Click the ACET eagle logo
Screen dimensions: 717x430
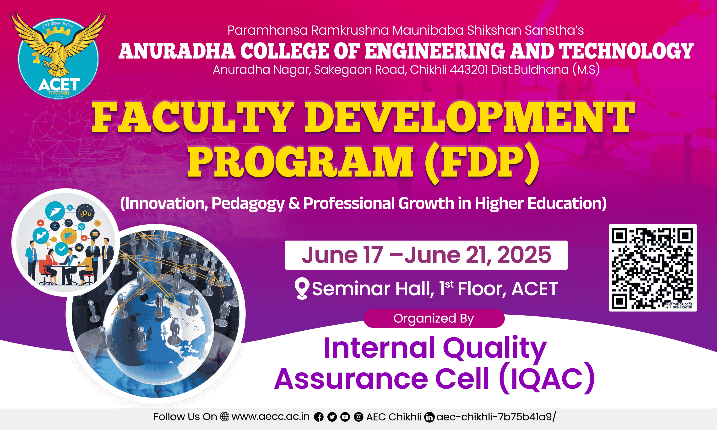(58, 55)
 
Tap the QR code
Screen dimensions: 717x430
(653, 268)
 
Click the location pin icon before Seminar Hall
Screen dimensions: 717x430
(302, 288)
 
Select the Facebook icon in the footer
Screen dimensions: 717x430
(319, 417)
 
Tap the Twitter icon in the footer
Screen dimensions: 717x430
(332, 417)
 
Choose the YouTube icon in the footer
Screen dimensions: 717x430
(345, 417)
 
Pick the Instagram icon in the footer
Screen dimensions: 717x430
(358, 417)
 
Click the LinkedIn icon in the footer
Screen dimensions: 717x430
(429, 417)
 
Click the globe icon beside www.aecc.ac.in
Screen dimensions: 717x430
(225, 417)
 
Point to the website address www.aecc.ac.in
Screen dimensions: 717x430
(270, 417)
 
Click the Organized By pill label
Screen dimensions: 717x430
(434, 318)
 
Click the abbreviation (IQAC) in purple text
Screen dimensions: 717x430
(547, 378)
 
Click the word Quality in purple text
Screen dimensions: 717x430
(495, 348)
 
